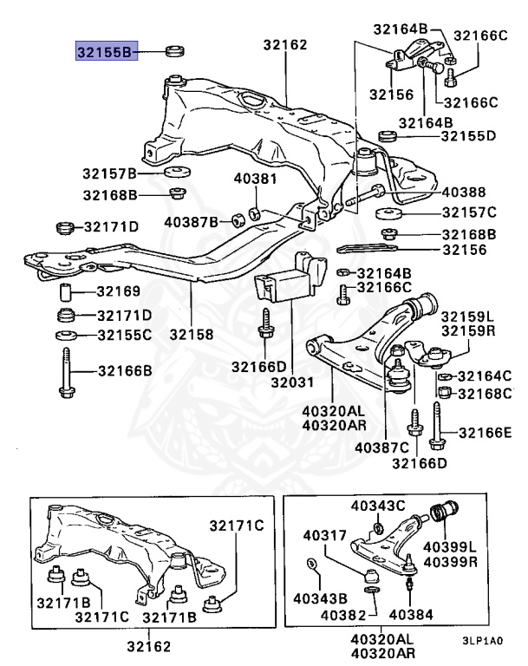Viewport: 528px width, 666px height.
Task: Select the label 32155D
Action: click(x=468, y=136)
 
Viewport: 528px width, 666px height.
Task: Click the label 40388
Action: click(x=464, y=193)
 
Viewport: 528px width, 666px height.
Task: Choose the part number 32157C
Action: click(x=468, y=212)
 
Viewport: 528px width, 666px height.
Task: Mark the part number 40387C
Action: click(x=381, y=447)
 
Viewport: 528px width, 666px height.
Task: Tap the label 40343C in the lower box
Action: click(x=378, y=506)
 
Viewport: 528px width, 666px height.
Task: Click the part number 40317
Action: click(x=323, y=538)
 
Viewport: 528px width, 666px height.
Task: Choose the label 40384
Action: click(x=408, y=616)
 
